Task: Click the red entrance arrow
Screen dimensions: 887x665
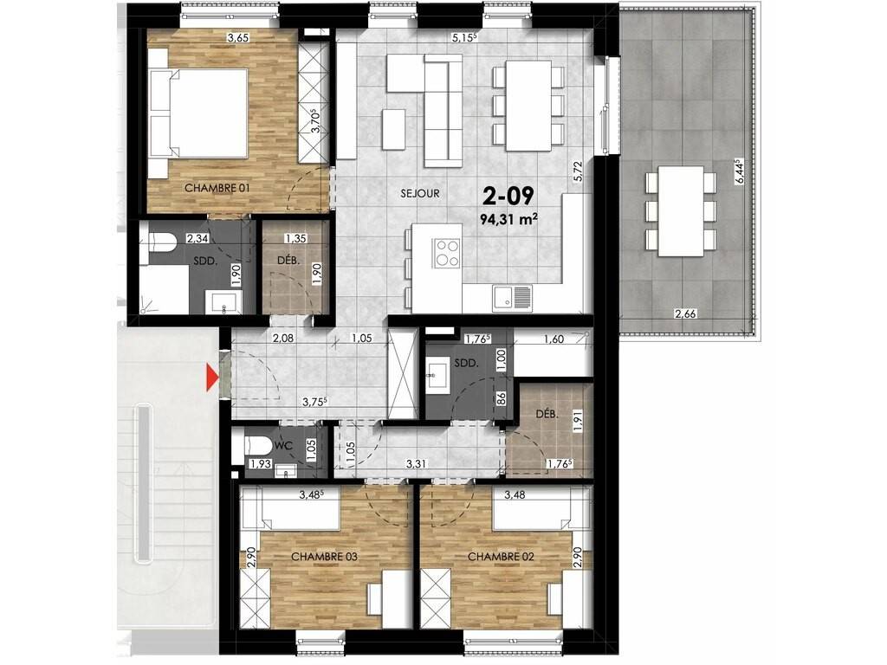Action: tap(211, 378)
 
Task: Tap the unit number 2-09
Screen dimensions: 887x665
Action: tap(508, 196)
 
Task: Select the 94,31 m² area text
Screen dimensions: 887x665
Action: tap(508, 219)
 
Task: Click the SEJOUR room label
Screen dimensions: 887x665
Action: tap(420, 193)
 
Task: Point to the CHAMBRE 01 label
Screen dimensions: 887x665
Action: tap(217, 188)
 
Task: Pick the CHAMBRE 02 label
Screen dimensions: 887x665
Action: tap(501, 557)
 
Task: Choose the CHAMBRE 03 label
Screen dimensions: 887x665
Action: tap(324, 557)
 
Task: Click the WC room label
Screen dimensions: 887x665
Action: tap(283, 446)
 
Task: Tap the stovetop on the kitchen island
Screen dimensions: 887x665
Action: tap(446, 252)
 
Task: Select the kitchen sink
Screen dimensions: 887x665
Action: tap(512, 298)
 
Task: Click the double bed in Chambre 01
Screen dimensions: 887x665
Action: tap(198, 113)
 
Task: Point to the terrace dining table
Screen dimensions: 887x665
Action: tap(681, 211)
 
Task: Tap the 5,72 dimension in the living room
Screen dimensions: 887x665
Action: tap(577, 171)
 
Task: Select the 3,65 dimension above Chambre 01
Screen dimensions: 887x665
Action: tap(237, 38)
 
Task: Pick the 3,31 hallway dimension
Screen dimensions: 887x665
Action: tap(417, 464)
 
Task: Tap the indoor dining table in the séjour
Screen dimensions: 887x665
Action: tap(528, 106)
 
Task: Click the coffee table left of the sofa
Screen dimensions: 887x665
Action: tap(394, 128)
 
